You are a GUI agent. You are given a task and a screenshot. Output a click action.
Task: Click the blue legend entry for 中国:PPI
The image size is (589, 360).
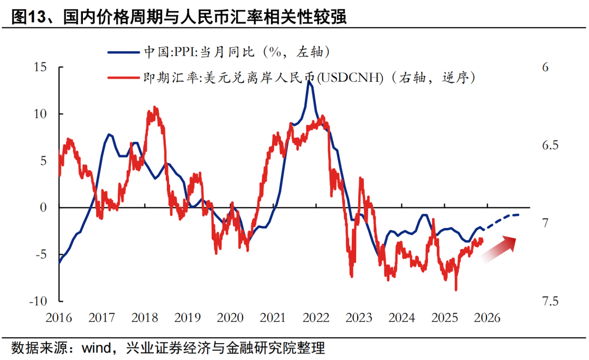(218, 52)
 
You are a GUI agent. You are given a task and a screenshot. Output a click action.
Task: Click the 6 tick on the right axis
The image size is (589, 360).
(545, 67)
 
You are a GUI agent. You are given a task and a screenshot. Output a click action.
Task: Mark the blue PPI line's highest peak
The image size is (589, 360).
(310, 81)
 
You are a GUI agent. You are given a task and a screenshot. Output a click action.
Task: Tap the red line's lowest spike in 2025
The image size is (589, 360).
(456, 290)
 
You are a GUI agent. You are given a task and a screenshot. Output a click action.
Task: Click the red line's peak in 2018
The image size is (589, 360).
(155, 108)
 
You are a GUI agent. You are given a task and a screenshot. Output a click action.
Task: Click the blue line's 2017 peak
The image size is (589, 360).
(109, 134)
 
